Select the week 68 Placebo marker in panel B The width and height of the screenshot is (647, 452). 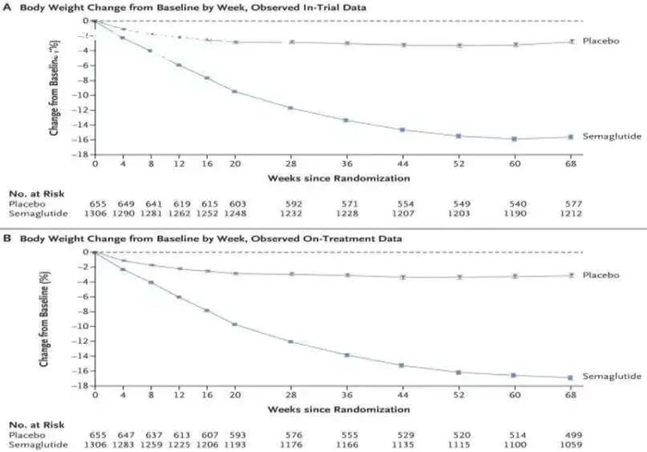point(570,275)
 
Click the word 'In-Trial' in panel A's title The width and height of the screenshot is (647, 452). point(261,7)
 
